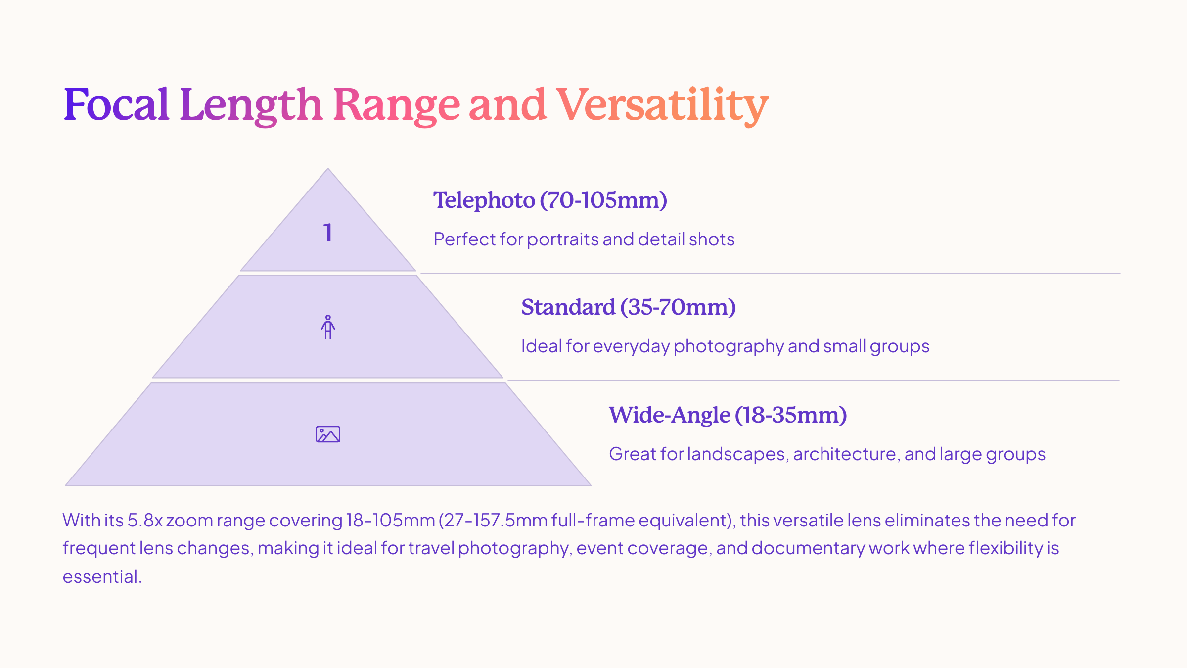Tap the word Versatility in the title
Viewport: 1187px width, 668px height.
pos(662,105)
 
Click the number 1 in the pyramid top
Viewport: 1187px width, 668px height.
pos(327,233)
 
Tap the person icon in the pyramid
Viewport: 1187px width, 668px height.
pos(328,327)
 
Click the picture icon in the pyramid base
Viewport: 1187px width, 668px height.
pos(328,434)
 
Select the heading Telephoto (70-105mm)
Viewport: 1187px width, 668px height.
pos(550,200)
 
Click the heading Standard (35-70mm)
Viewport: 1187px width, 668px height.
pos(629,307)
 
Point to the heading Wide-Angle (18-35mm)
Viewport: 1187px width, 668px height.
pos(728,415)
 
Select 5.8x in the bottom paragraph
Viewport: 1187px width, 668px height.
pos(145,520)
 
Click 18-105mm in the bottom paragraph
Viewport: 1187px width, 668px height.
pos(390,520)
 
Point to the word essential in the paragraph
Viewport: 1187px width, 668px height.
pos(101,576)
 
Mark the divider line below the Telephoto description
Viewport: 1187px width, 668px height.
pos(770,273)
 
